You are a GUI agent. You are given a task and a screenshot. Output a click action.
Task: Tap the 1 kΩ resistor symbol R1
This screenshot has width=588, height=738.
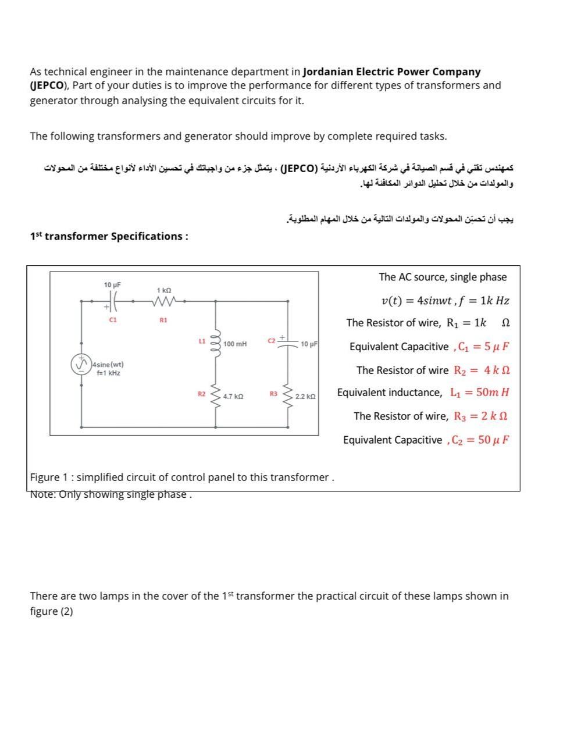tap(163, 301)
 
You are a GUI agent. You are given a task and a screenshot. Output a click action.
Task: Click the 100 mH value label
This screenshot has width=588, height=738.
tap(235, 344)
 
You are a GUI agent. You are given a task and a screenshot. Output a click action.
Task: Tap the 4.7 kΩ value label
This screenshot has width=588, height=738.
tap(233, 396)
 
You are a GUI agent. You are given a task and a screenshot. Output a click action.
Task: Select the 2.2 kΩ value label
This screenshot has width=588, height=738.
tap(305, 396)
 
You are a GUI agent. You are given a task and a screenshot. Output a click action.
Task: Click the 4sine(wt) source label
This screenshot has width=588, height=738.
tap(108, 365)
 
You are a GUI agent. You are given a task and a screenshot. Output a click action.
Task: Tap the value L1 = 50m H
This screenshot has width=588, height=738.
tap(480, 393)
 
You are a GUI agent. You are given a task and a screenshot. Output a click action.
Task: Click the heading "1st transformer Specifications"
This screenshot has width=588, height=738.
tap(109, 236)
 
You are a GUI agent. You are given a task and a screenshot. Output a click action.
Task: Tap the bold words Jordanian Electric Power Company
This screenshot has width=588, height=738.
tap(392, 72)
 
